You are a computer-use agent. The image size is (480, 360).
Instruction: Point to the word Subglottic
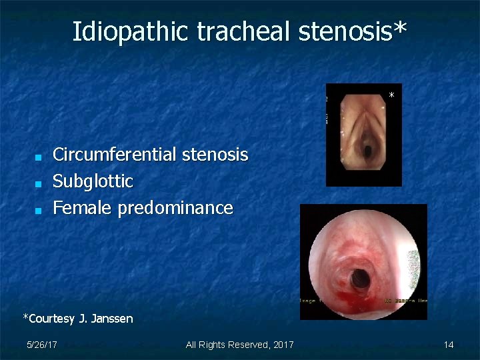point(93,181)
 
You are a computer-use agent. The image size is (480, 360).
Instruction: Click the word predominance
point(175,208)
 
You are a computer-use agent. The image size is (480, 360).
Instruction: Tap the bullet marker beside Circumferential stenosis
point(39,157)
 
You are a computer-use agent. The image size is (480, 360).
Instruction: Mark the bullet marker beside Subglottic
point(39,183)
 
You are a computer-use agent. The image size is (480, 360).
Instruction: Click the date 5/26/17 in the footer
point(41,345)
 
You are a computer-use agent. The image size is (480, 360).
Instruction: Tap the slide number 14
point(449,345)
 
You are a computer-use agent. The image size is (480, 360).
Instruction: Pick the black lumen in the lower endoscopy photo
point(361,275)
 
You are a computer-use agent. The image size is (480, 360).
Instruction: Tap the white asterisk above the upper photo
point(392,96)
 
